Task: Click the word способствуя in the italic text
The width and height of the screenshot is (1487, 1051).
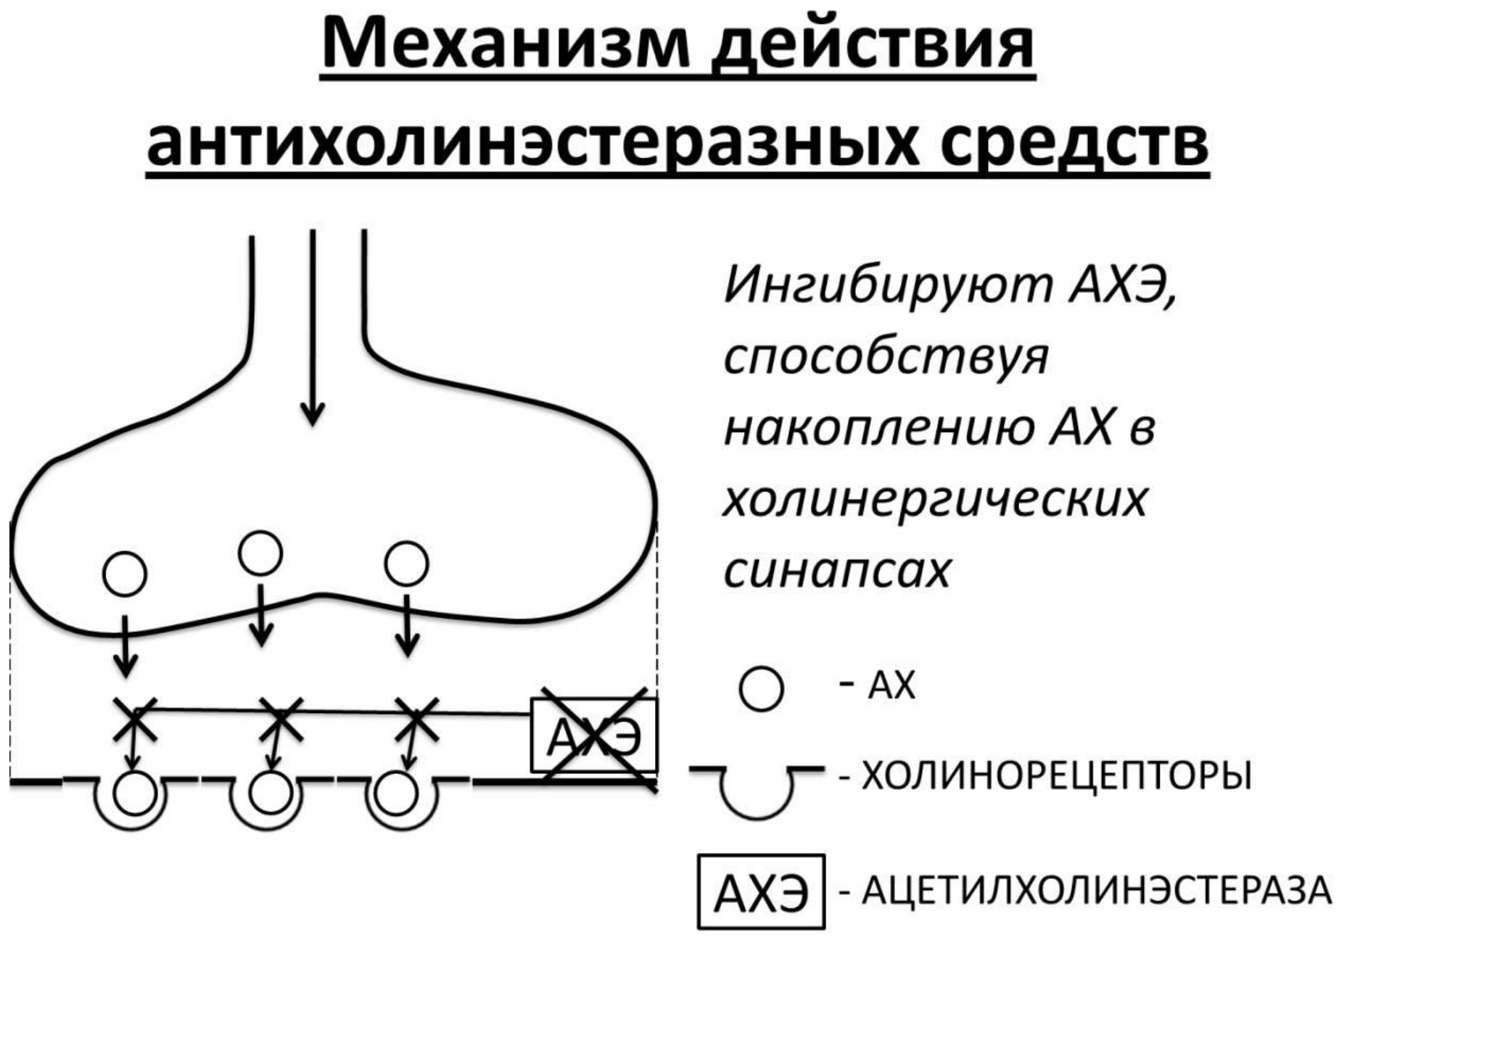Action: pyautogui.click(x=886, y=356)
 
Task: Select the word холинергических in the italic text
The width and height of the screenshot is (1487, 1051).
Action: pyautogui.click(x=936, y=500)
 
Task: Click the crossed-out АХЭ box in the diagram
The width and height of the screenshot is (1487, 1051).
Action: pyautogui.click(x=594, y=735)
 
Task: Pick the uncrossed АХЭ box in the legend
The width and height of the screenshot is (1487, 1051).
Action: pyautogui.click(x=761, y=891)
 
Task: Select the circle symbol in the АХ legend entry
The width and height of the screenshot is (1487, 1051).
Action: pyautogui.click(x=761, y=689)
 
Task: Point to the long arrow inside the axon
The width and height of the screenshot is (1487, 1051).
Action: pyautogui.click(x=313, y=328)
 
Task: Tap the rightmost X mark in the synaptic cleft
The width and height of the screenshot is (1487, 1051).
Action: pyautogui.click(x=417, y=720)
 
